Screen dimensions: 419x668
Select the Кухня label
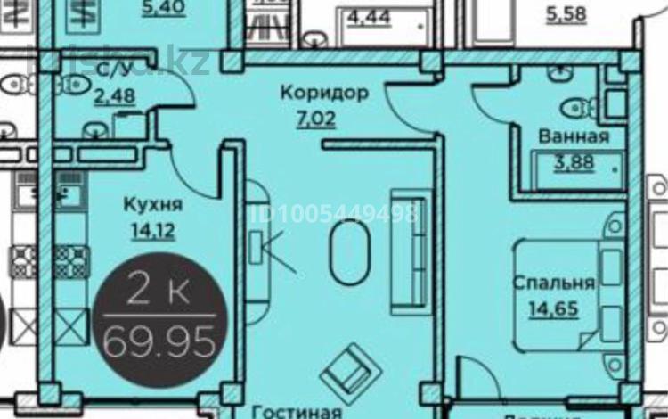pyautogui.click(x=152, y=205)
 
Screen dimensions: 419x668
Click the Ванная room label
pyautogui.click(x=574, y=137)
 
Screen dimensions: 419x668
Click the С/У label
pyautogui.click(x=115, y=69)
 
